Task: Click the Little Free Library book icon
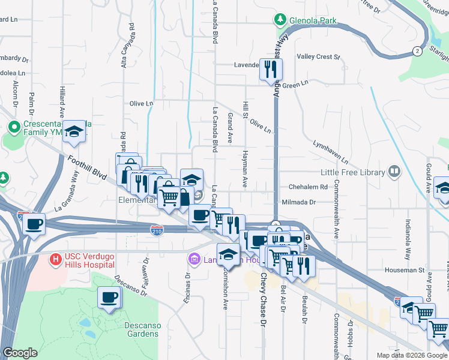tap(394, 172)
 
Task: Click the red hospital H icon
tap(55, 260)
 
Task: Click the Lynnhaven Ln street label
tap(330, 152)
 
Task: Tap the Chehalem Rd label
tap(308, 187)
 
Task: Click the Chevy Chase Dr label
tap(263, 306)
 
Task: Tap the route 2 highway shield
tap(416, 52)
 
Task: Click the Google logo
tap(20, 353)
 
